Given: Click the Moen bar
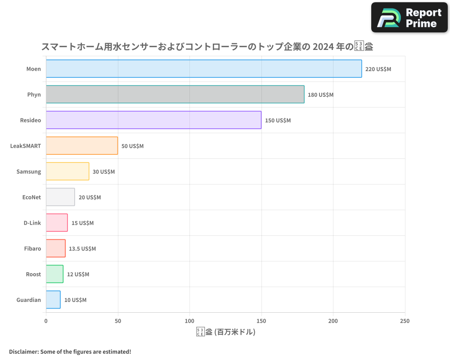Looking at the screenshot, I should pos(203,69).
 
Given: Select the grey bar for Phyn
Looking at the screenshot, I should pos(175,94).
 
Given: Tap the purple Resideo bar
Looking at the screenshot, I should pos(153,120).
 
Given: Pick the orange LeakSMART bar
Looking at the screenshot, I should pos(81,146).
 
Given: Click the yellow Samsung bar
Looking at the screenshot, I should pos(67,171).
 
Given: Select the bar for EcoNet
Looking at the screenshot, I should pos(60,197).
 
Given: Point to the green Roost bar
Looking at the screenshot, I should pos(54,274).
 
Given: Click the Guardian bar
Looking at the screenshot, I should pos(53,300).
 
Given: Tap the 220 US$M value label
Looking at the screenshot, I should pos(378,69).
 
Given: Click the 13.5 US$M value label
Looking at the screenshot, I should pos(82,248).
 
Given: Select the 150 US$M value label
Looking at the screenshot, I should pos(278,120).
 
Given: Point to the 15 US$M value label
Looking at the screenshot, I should pos(82,223).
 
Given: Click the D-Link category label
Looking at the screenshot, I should pos(32,223).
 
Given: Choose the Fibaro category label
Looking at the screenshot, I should pos(32,248).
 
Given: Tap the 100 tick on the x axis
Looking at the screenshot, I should pos(189,321).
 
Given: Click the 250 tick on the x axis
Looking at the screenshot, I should pos(405,321).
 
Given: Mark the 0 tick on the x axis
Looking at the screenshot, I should pos(46,321).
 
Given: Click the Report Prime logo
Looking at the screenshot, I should pos(409,18).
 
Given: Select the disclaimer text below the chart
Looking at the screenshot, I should pos(70,351).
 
